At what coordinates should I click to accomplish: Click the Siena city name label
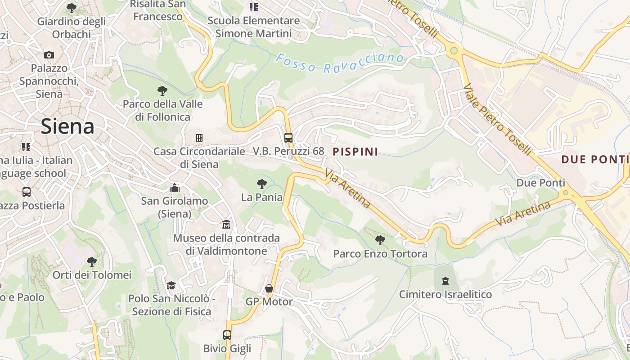click(67, 126)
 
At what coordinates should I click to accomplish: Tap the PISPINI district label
click(355, 152)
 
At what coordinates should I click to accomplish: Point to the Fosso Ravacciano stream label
click(340, 63)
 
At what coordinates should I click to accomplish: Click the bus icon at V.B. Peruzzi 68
click(288, 137)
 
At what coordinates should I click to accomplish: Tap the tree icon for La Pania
click(261, 184)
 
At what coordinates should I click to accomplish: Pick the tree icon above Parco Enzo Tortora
click(380, 240)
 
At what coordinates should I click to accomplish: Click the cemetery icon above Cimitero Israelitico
click(445, 281)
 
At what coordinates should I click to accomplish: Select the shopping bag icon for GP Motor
click(269, 288)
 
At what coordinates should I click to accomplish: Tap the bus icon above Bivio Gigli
click(227, 335)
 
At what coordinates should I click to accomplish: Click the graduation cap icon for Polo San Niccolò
click(171, 285)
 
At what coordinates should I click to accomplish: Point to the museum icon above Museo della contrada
click(226, 224)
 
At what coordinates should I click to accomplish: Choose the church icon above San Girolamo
click(175, 187)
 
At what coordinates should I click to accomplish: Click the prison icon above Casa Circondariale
click(199, 138)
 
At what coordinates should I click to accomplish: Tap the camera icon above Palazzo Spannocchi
click(49, 55)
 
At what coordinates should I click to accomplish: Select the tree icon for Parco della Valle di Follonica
click(162, 90)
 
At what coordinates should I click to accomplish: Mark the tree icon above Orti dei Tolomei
click(92, 261)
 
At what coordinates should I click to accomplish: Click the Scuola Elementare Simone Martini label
click(254, 27)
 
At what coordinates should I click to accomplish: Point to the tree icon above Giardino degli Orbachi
click(71, 8)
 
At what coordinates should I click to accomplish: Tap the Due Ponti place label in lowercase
click(540, 183)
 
